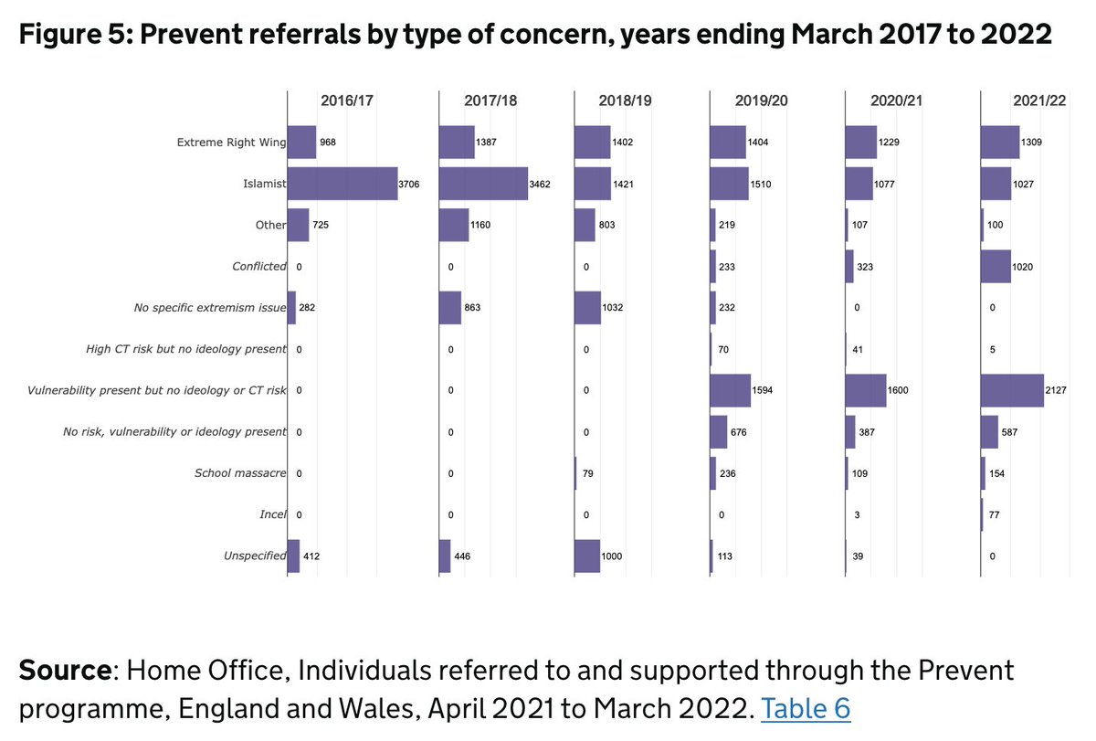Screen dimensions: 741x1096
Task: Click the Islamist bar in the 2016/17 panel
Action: [342, 184]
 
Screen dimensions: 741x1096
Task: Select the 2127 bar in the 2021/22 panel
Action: [1012, 390]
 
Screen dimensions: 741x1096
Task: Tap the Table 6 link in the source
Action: [805, 708]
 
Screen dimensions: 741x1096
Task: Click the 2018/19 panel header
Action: [626, 101]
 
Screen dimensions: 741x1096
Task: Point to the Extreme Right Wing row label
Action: [231, 143]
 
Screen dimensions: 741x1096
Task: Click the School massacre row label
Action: [240, 473]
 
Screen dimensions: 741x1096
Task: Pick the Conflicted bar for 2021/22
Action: [996, 267]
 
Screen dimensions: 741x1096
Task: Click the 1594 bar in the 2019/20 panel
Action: [730, 390]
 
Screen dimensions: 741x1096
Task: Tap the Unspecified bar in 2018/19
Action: [587, 556]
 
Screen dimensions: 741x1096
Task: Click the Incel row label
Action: [272, 514]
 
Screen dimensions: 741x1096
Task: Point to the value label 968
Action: [329, 143]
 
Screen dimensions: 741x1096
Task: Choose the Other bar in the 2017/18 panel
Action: [454, 225]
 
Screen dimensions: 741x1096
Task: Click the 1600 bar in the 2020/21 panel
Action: [866, 390]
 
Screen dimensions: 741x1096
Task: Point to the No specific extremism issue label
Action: [210, 308]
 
